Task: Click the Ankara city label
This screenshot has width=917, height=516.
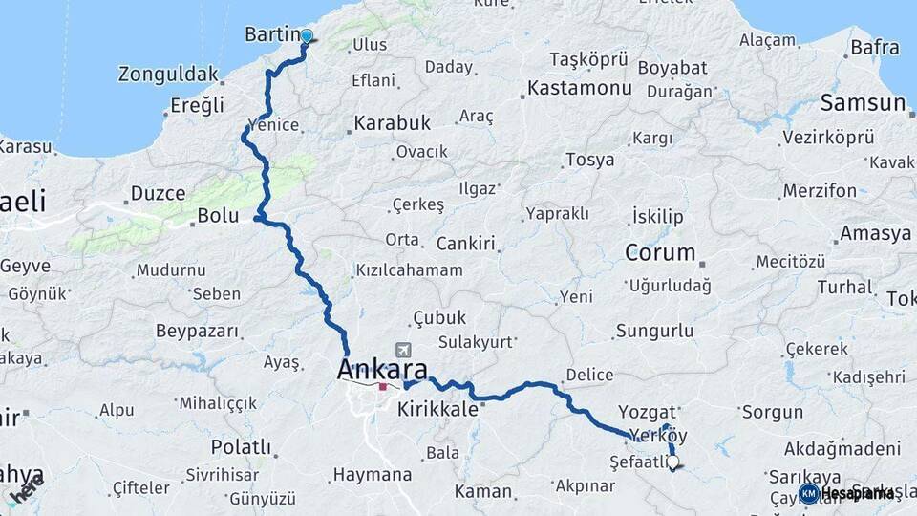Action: point(382,369)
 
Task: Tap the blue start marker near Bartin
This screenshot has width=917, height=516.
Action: point(307,37)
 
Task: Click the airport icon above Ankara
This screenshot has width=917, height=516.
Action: point(403,351)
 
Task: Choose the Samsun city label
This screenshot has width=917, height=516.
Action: point(863,102)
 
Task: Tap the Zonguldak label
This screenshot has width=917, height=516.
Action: point(168,74)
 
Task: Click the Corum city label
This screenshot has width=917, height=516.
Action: point(660,253)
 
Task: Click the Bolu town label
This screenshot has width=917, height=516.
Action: point(218,216)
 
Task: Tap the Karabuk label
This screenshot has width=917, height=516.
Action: point(393,123)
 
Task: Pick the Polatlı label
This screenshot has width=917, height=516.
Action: point(241,447)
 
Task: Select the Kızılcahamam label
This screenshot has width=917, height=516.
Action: point(409,270)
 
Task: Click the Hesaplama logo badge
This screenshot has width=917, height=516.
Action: point(846,493)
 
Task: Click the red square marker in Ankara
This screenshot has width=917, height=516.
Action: point(382,387)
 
